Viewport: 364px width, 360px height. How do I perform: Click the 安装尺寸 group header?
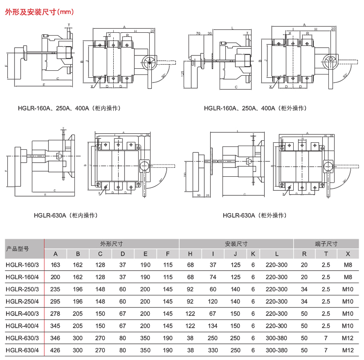(236, 244)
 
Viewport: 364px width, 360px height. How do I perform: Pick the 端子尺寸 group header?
(326, 244)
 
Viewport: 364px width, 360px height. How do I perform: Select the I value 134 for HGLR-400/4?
(213, 326)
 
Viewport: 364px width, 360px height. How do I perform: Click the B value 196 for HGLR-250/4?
(78, 302)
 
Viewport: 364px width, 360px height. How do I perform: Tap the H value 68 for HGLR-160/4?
(190, 277)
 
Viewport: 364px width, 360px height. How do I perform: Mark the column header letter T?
(326, 254)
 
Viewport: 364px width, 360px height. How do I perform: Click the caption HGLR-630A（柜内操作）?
(66, 215)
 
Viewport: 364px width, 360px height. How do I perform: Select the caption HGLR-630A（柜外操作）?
(254, 215)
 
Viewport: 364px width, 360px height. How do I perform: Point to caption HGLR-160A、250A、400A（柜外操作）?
(255, 108)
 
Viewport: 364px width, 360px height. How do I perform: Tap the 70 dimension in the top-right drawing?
(198, 33)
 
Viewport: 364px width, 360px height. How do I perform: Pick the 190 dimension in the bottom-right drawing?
(185, 175)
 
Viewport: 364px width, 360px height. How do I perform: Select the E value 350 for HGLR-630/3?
(145, 338)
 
